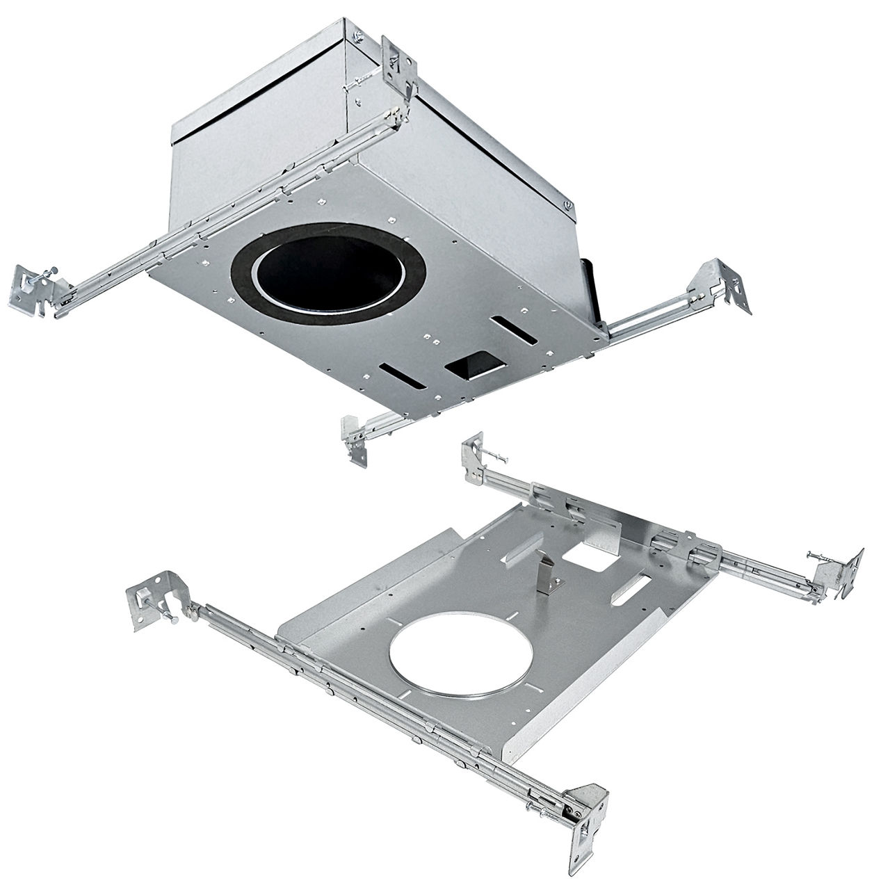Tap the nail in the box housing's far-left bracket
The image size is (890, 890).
coord(40,278)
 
